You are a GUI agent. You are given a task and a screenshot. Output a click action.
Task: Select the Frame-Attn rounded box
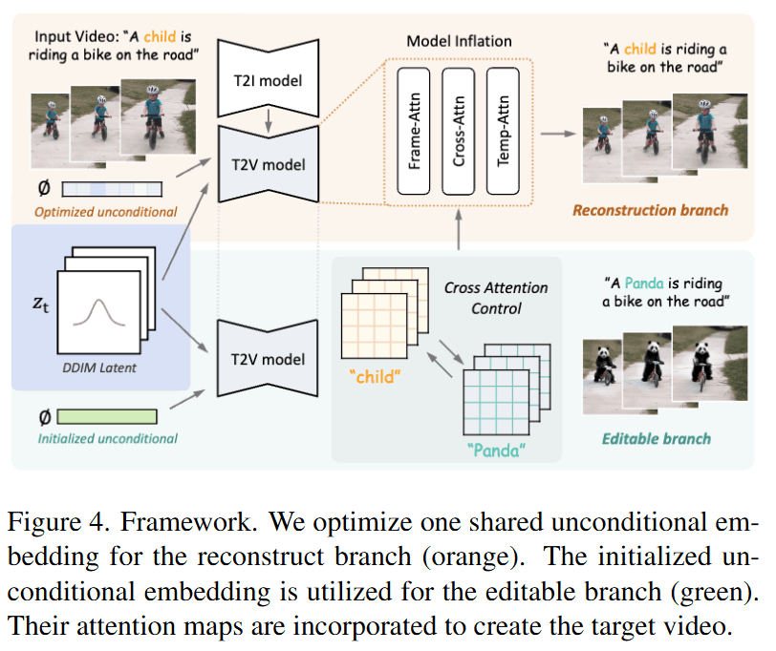(x=415, y=131)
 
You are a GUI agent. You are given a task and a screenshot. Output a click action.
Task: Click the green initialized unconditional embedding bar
(x=108, y=416)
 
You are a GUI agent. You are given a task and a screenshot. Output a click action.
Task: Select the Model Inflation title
(x=459, y=41)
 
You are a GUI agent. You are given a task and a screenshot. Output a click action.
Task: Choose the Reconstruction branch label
(x=650, y=210)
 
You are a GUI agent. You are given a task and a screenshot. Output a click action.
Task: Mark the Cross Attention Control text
(x=496, y=298)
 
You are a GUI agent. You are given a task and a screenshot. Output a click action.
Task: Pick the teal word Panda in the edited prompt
(x=636, y=283)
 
